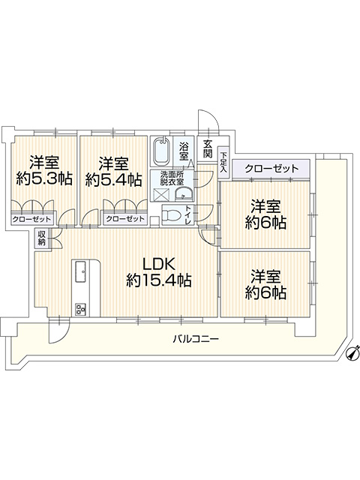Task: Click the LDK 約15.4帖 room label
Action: click(x=159, y=271)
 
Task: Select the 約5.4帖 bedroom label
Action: click(x=113, y=172)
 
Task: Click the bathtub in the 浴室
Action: click(x=161, y=151)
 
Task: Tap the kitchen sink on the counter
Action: click(x=81, y=271)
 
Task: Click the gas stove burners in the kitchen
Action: click(x=81, y=310)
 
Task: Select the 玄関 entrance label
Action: click(x=208, y=148)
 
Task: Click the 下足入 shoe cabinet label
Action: click(x=223, y=162)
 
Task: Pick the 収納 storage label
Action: click(x=42, y=238)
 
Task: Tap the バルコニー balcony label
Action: click(x=196, y=338)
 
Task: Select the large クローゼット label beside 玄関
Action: click(x=271, y=168)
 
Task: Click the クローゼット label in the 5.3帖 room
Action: click(x=31, y=219)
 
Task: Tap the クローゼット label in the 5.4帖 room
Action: click(x=125, y=219)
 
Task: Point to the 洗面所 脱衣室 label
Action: click(x=172, y=178)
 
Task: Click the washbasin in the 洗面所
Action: click(x=183, y=194)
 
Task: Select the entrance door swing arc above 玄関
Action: click(x=208, y=120)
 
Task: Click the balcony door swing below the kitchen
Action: click(x=59, y=332)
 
